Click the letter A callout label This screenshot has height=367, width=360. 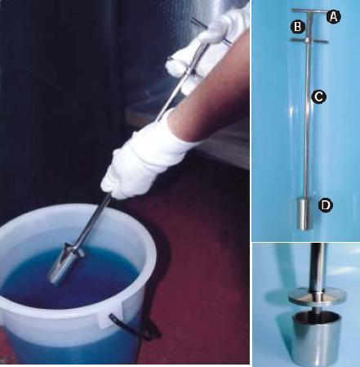click(x=333, y=17)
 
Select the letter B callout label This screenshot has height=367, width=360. click(x=298, y=27)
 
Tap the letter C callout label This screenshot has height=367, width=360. click(x=318, y=96)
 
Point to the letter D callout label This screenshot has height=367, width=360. click(x=326, y=205)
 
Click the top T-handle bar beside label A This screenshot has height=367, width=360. click(x=309, y=11)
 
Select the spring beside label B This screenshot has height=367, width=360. click(x=309, y=25)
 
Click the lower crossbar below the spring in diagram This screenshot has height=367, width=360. click(x=309, y=41)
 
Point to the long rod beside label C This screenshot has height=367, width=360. click(x=308, y=120)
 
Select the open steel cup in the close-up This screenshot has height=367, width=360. click(x=317, y=339)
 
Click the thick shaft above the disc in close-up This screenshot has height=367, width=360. click(x=318, y=267)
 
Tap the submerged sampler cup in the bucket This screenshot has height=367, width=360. click(x=63, y=268)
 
